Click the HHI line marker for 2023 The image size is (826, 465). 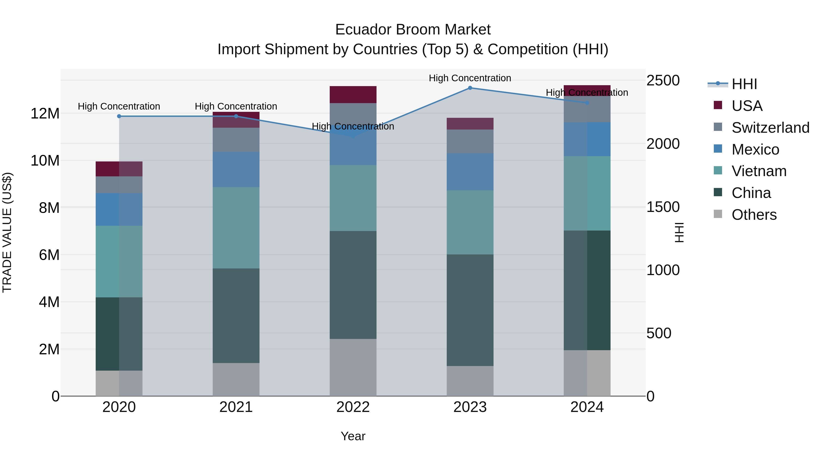tap(470, 88)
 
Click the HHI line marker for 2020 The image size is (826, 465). tap(119, 116)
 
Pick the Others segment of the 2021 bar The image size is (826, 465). tap(236, 379)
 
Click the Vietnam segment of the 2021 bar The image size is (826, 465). tap(236, 228)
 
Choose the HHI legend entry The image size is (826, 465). tap(744, 84)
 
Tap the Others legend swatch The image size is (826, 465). tap(718, 214)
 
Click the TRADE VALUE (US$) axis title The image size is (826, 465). tap(7, 232)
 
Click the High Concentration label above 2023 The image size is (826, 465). tap(470, 78)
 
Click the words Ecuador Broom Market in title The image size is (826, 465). tap(413, 30)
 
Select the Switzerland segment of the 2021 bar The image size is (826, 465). tap(236, 140)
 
